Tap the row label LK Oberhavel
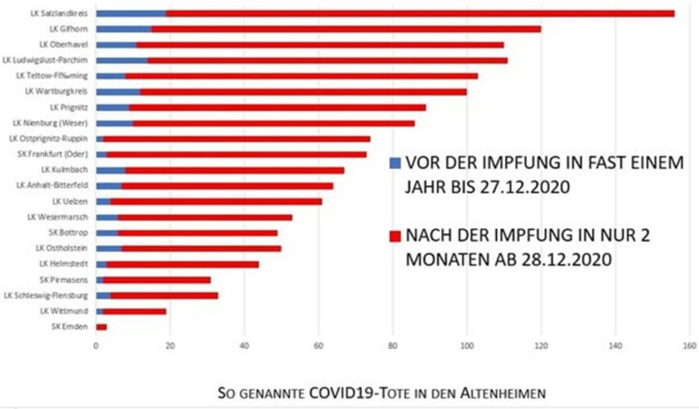(x=65, y=44)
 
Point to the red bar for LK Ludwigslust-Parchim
(x=327, y=60)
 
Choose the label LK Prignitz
(x=70, y=107)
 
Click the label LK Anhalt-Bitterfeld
(x=55, y=186)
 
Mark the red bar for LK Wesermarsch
(x=205, y=217)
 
